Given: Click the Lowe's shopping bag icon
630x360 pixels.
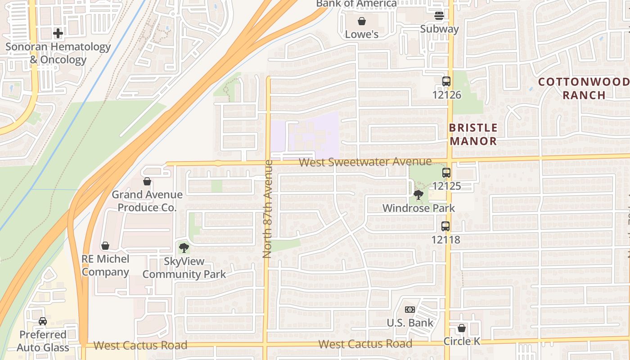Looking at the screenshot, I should click(x=361, y=21).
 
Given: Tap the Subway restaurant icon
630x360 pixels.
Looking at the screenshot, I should click(x=439, y=16).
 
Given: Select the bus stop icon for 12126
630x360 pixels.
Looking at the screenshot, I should click(x=446, y=81).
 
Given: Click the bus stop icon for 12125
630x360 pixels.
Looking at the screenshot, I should click(x=446, y=172).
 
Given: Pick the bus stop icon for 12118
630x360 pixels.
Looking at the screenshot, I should click(x=445, y=226).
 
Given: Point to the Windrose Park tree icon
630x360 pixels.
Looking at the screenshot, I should click(x=418, y=195).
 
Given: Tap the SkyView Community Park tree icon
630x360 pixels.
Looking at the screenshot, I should click(x=184, y=248).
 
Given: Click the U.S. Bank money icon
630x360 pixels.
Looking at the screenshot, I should click(x=409, y=310).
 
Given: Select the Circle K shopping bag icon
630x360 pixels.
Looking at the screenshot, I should click(x=462, y=328).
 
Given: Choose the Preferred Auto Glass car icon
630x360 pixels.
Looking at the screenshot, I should click(x=43, y=321).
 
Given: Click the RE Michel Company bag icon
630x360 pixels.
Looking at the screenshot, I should click(x=105, y=246).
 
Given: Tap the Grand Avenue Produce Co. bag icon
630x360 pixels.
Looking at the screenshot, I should click(x=147, y=181).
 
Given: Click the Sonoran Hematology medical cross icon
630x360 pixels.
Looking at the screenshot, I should click(x=58, y=33).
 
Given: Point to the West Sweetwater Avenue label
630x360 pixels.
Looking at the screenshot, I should click(x=365, y=162).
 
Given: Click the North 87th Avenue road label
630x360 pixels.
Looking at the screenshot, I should click(x=268, y=209).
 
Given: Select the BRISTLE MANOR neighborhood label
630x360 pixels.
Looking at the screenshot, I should click(x=473, y=134).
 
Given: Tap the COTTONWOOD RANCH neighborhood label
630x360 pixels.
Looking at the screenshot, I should click(x=584, y=88).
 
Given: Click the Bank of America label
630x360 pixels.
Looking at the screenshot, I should click(x=356, y=4).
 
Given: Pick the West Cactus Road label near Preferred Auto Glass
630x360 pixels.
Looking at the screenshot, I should click(x=140, y=346).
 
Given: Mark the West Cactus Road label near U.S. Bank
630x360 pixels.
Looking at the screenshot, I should click(x=365, y=344).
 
